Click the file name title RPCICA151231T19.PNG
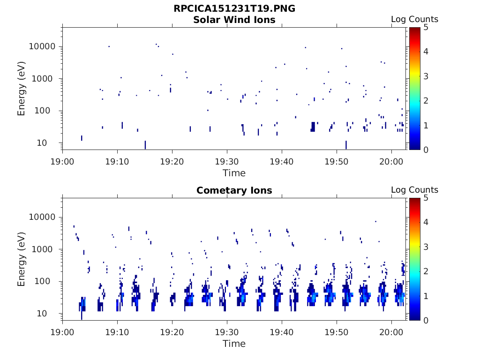(234, 9)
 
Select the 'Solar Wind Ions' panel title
(234, 20)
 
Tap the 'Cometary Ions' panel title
(234, 190)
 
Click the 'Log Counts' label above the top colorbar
(414, 19)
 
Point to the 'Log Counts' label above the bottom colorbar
(414, 190)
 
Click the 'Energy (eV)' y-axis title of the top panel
(22, 89)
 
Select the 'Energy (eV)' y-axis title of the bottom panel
(22, 259)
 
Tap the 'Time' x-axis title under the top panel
(234, 173)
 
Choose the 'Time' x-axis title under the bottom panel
(234, 344)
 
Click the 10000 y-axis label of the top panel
(43, 47)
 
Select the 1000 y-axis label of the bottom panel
(45, 249)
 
